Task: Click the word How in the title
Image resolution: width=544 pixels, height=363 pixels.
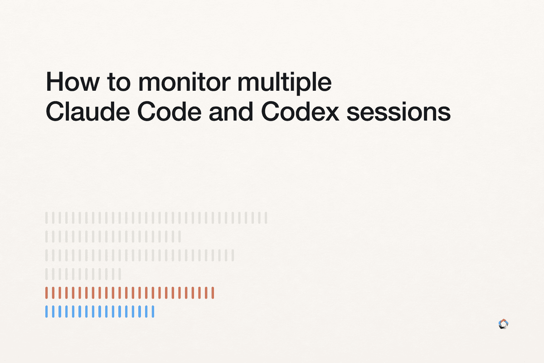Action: coord(73,82)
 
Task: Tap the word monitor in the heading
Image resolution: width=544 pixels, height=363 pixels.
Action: coord(185,82)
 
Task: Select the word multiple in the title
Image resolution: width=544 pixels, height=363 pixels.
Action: coord(284,83)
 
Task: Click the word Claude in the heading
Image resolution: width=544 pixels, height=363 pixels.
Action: coord(87,111)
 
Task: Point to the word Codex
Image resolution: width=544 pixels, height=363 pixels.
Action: coord(300,111)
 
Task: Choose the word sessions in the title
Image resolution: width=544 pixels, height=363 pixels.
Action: coord(398,113)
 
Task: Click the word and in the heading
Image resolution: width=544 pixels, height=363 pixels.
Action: coord(231,111)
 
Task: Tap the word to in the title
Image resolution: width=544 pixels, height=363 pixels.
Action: coord(119,82)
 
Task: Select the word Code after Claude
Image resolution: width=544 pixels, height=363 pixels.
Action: coord(169,111)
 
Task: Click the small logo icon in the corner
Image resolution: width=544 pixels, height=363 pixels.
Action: coord(504,324)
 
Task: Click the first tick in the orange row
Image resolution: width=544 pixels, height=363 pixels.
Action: coord(46,293)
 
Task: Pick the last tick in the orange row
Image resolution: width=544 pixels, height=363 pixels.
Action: coord(213,293)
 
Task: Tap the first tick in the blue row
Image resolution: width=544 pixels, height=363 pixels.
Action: coord(46,311)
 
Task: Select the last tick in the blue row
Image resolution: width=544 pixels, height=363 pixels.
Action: coord(153,311)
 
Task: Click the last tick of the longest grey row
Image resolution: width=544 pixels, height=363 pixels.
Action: coord(266,218)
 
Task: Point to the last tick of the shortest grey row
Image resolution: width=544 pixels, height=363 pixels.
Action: coord(120,274)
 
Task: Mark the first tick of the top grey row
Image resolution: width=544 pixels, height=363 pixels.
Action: coord(46,218)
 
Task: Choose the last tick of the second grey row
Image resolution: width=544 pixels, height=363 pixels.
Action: coord(180,236)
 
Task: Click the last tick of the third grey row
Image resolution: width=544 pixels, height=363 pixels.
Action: coord(233,255)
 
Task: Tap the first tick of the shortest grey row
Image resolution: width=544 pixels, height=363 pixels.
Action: coord(46,274)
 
